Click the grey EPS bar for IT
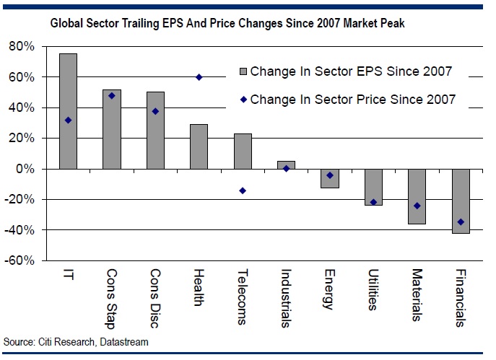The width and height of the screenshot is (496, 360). pyautogui.click(x=68, y=111)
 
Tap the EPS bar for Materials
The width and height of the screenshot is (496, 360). pyautogui.click(x=417, y=196)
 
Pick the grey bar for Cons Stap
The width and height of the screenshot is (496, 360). pyautogui.click(x=112, y=129)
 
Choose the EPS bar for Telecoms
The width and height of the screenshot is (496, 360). pyautogui.click(x=243, y=151)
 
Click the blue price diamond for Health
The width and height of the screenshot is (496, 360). pyautogui.click(x=199, y=77)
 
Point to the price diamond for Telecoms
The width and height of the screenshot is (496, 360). pyautogui.click(x=243, y=190)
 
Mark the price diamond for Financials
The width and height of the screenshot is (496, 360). pyautogui.click(x=461, y=222)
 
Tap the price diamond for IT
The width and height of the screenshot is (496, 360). pyautogui.click(x=68, y=120)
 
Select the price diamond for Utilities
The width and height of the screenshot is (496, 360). pyautogui.click(x=373, y=202)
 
